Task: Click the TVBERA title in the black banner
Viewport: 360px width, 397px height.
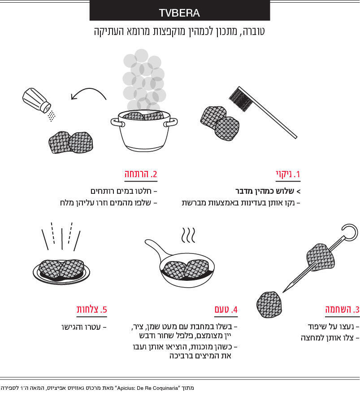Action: click(x=179, y=13)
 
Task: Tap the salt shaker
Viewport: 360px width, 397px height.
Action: click(x=36, y=100)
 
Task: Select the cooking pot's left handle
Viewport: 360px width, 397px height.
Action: click(x=117, y=122)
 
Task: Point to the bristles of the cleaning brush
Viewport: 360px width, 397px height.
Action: click(x=241, y=100)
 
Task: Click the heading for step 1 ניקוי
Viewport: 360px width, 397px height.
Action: click(x=288, y=174)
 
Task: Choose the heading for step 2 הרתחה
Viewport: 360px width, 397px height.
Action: click(x=141, y=174)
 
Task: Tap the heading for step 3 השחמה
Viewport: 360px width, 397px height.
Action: click(x=342, y=310)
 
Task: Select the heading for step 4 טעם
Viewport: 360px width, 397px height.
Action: click(x=226, y=310)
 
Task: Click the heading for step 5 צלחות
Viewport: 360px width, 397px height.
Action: click(x=91, y=310)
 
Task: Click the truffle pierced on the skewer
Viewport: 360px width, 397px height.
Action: click(x=321, y=257)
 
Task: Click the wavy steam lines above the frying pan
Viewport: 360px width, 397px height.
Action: click(x=188, y=235)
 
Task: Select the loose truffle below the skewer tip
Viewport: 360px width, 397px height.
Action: click(x=269, y=305)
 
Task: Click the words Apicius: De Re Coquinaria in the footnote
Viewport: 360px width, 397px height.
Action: click(x=147, y=388)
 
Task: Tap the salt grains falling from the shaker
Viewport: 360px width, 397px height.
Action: click(x=52, y=116)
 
